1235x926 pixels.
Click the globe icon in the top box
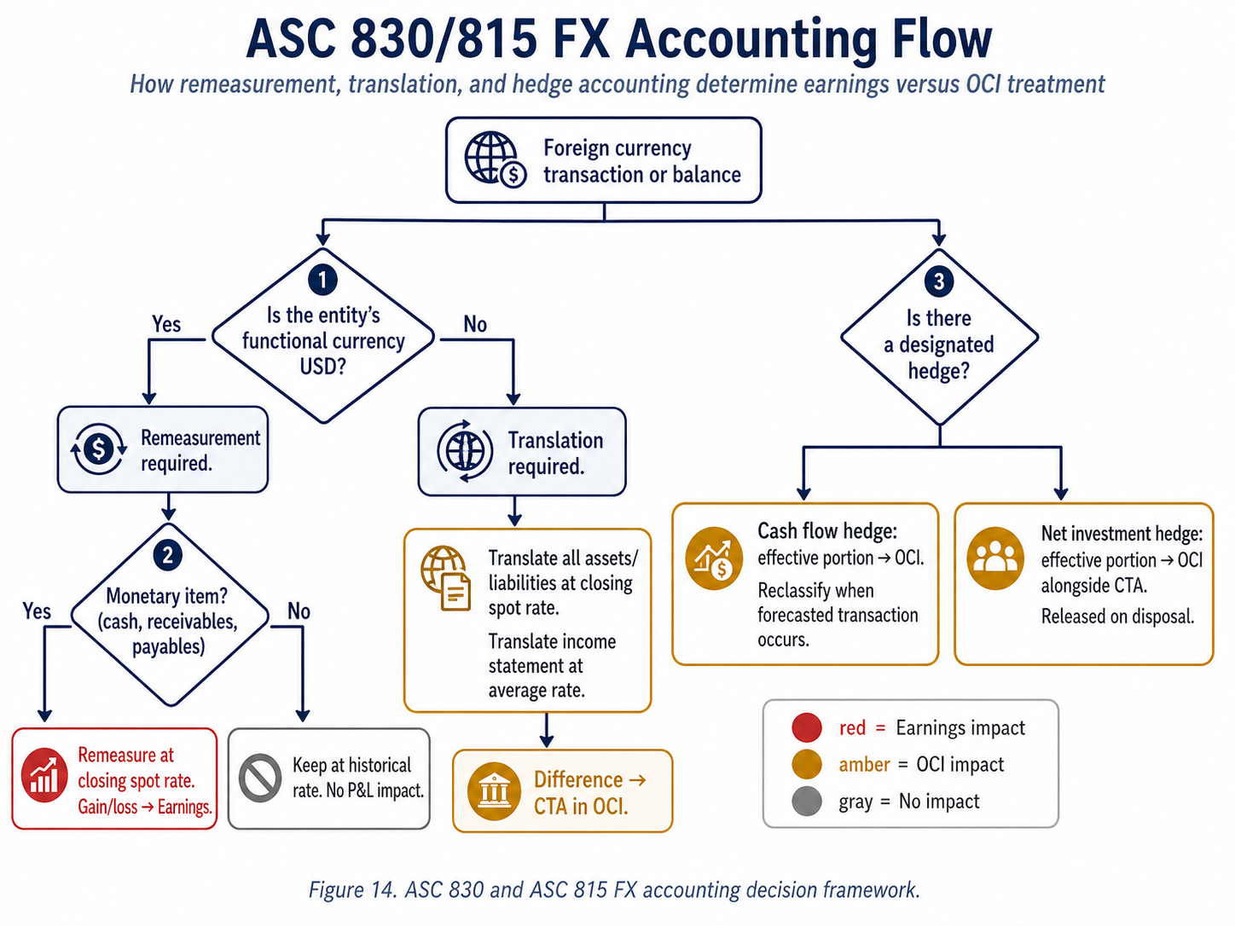pos(494,159)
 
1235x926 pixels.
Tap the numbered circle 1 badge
pos(322,280)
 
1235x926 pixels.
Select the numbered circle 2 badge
pos(168,556)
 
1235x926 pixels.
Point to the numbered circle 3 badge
pos(939,281)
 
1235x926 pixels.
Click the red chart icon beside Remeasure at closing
pos(44,776)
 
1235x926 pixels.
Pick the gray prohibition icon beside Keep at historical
pos(260,778)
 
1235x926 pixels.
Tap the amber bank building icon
pos(494,791)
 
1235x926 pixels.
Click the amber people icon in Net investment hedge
pos(994,558)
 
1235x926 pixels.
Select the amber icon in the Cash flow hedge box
pos(714,558)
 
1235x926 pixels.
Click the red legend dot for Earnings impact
pos(806,727)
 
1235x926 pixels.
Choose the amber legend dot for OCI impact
pos(806,765)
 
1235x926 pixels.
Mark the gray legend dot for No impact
pos(806,802)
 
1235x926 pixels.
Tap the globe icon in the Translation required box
pos(465,451)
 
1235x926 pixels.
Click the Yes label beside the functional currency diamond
pos(166,325)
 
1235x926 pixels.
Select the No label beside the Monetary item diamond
pos(299,611)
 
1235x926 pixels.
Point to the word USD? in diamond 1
pos(322,367)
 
